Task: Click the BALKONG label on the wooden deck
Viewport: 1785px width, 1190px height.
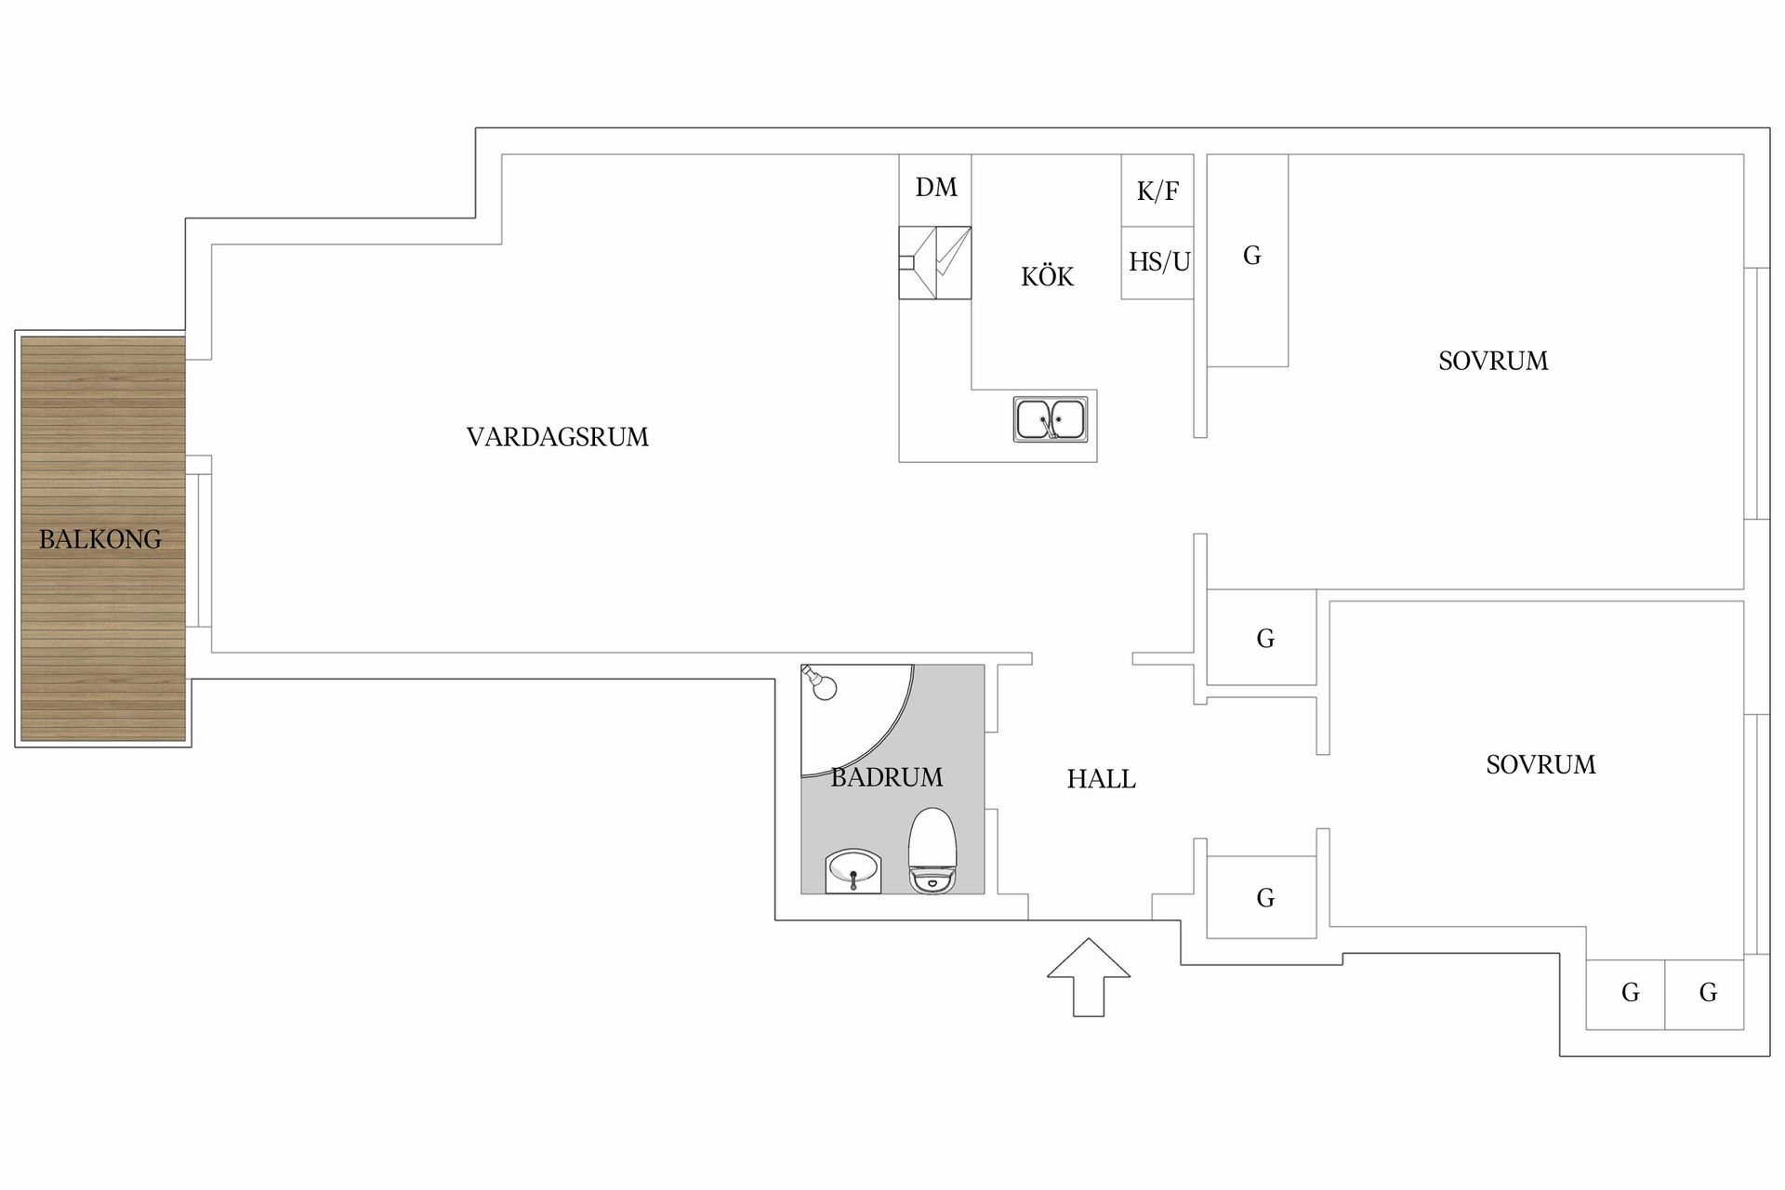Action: (x=100, y=539)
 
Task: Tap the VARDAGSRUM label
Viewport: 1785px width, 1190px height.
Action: (x=558, y=437)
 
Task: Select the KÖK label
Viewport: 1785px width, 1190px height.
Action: (x=1047, y=276)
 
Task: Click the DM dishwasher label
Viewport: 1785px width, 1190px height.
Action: (x=936, y=188)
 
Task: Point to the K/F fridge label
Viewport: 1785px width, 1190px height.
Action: (x=1157, y=192)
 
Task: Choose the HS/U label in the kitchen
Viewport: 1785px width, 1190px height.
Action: (x=1159, y=262)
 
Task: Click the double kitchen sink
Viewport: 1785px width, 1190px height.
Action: (x=1051, y=419)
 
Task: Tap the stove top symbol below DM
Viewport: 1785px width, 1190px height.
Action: (x=935, y=263)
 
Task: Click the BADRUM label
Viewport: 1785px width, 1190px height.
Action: (x=887, y=777)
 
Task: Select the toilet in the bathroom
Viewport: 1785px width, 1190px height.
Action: (x=932, y=851)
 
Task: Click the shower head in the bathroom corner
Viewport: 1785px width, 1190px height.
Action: (x=820, y=682)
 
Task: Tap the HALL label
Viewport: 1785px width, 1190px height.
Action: (x=1102, y=779)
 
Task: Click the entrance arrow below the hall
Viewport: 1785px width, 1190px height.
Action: (x=1089, y=977)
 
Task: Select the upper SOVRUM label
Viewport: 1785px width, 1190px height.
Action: (x=1493, y=361)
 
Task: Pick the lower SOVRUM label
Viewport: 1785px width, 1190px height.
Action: (x=1540, y=765)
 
